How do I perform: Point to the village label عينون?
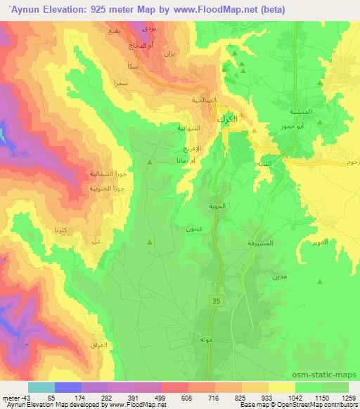(195, 230)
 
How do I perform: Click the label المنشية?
(301, 112)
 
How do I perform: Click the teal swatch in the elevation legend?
(41, 387)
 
